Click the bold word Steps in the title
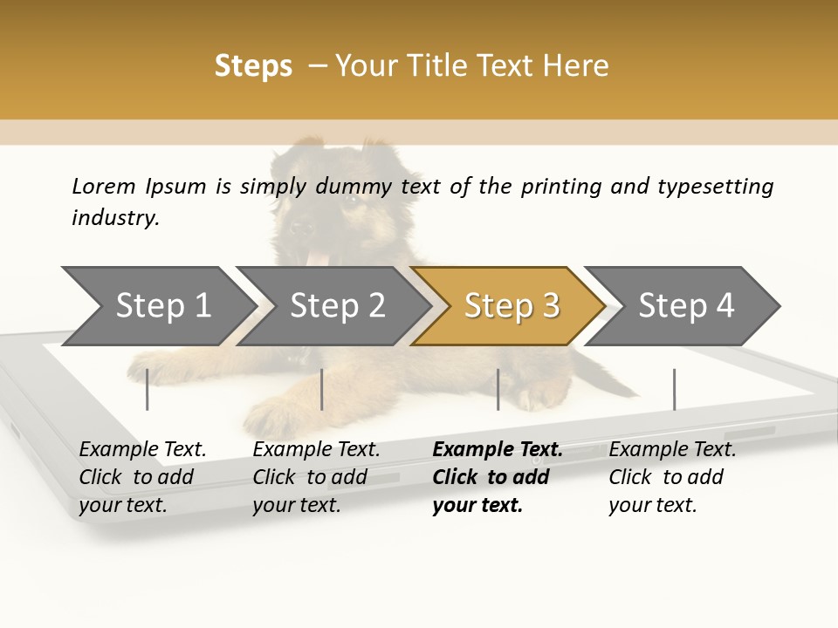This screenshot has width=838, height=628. click(x=253, y=66)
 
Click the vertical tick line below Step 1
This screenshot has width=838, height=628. click(x=148, y=389)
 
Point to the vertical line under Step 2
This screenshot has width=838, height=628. click(x=322, y=389)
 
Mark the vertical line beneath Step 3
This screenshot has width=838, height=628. click(x=498, y=389)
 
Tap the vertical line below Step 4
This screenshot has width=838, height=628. click(x=674, y=389)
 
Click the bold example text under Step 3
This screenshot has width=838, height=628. click(x=497, y=477)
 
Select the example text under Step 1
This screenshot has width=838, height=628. click(x=142, y=477)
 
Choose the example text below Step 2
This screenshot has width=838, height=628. click(x=316, y=477)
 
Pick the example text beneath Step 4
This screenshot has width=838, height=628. click(x=672, y=477)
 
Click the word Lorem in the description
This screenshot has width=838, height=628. click(x=103, y=187)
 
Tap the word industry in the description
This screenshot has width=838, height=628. click(x=114, y=218)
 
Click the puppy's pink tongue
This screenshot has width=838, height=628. click(x=319, y=258)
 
